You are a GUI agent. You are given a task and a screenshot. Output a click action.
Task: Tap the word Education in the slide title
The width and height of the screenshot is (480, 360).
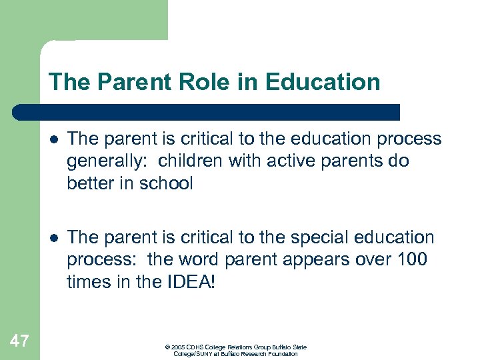pyautogui.click(x=323, y=82)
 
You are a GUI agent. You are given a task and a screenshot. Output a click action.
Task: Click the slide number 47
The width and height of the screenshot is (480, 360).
pyautogui.click(x=19, y=342)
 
